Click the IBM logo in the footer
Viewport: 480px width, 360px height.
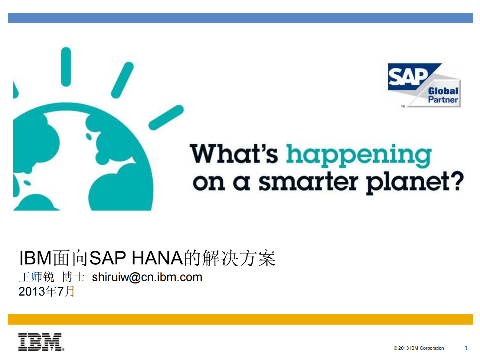pos(41,342)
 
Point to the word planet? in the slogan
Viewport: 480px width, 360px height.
pos(415,182)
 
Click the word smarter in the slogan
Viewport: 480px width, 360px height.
pos(309,182)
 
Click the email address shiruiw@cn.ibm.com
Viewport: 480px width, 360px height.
pos(147,277)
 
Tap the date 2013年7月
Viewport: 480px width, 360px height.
pos(47,291)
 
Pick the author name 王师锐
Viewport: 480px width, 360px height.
pos(37,277)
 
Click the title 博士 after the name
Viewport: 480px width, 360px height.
pos(73,277)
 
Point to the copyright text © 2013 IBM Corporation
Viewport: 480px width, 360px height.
pos(419,348)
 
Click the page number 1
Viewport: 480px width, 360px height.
pos(466,348)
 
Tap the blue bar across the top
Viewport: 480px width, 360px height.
pos(240,18)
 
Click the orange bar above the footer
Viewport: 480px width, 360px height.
pos(240,319)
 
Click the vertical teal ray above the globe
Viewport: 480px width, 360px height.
pos(66,67)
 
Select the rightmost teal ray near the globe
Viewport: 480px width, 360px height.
pos(166,117)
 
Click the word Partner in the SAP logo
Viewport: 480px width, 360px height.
pos(443,100)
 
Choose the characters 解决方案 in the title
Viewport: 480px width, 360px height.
pos(239,258)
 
